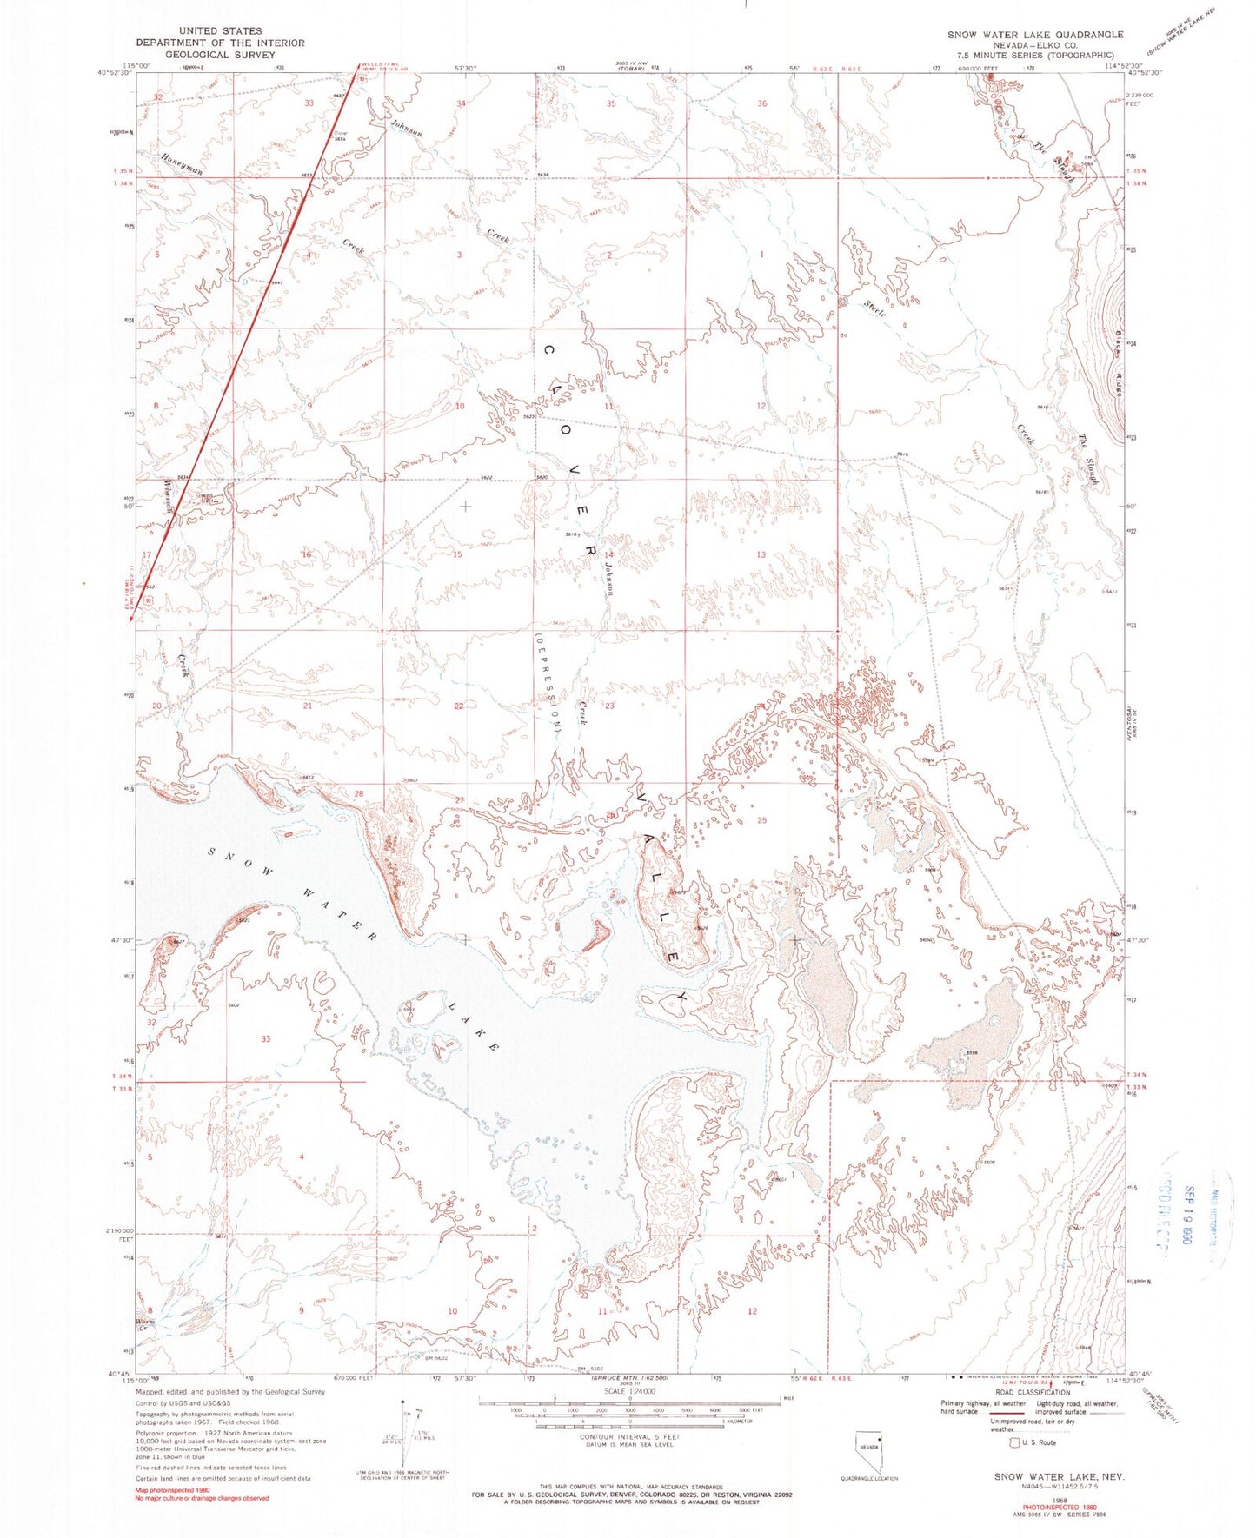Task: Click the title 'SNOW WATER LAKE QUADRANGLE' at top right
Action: click(x=1034, y=35)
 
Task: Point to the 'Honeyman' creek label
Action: click(x=182, y=164)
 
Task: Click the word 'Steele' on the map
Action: click(x=875, y=308)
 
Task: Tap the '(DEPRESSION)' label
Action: click(x=547, y=683)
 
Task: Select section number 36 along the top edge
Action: click(x=762, y=103)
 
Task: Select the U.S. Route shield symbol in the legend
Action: click(x=1012, y=1442)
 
